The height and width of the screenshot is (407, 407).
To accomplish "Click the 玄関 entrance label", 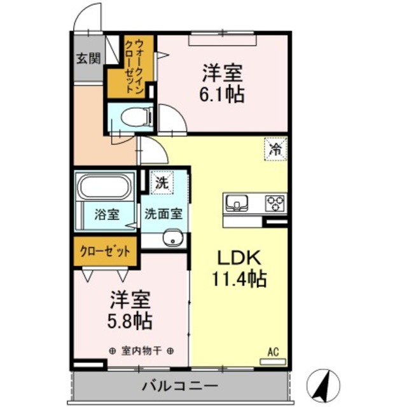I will coord(89,59).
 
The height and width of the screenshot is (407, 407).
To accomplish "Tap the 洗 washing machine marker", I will coord(162,183).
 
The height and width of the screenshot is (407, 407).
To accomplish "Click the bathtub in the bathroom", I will coord(105,188).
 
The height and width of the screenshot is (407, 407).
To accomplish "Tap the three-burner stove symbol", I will coord(275,203).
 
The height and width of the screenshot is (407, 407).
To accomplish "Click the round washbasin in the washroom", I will coord(170,239).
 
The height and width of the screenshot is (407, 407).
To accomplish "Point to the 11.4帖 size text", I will coord(238,279).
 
